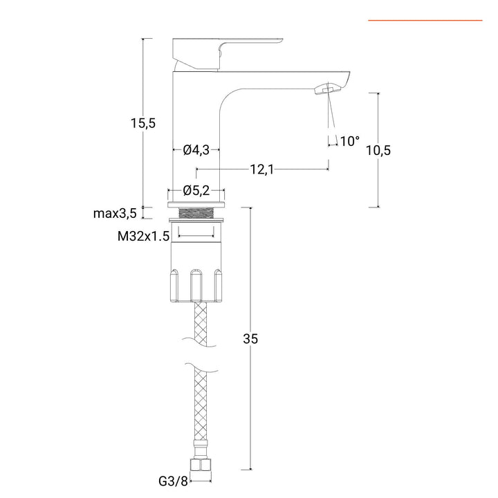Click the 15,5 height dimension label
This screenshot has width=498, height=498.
[x=142, y=123]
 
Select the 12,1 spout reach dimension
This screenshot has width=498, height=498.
[x=261, y=169]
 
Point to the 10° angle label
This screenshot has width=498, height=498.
[x=349, y=141]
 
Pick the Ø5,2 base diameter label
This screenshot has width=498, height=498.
[x=196, y=190]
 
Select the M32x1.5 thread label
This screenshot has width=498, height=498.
[x=143, y=236]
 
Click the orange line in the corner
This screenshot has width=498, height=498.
[x=425, y=21]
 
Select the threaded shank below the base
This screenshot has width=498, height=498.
[x=196, y=212]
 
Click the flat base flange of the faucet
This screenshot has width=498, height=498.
[x=196, y=203]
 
